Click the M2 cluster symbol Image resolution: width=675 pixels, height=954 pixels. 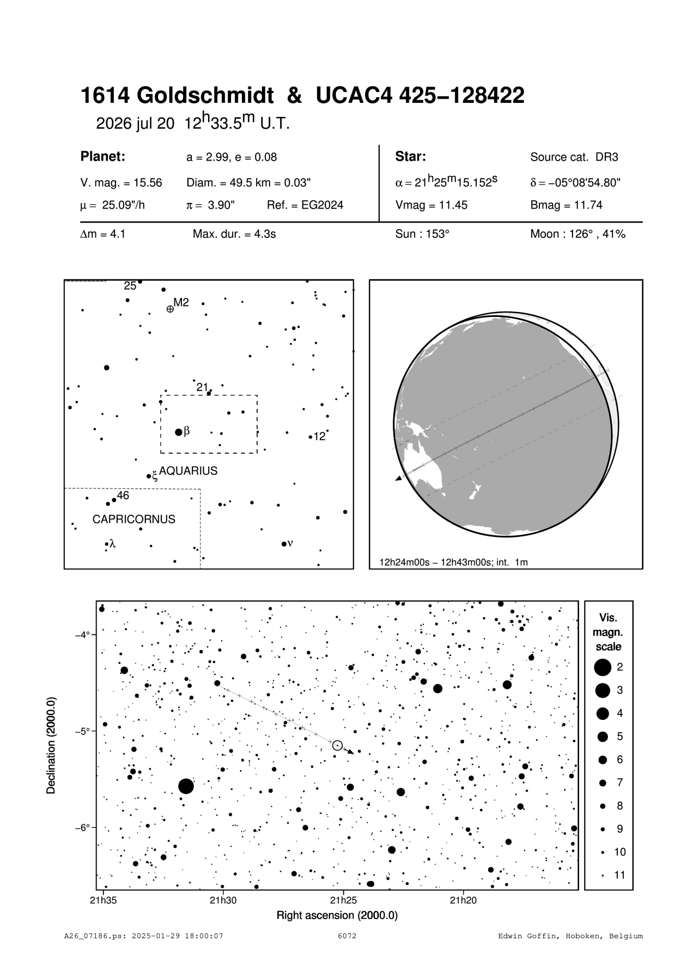(170, 309)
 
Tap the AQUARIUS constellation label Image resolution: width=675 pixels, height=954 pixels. (188, 471)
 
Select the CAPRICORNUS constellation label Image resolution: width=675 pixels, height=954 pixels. (133, 519)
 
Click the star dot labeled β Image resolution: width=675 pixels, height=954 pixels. (179, 432)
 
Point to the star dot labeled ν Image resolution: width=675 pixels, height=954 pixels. (284, 544)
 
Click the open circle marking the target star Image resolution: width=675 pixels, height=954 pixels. (337, 745)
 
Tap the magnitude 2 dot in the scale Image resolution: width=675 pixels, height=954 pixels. (603, 666)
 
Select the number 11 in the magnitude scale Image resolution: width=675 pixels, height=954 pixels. (620, 875)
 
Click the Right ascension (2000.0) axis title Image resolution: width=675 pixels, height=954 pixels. (337, 915)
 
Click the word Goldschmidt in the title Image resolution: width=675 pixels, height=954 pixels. (204, 96)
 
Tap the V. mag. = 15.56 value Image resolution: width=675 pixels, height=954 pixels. (121, 183)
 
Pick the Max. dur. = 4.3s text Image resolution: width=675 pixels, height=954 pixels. (234, 235)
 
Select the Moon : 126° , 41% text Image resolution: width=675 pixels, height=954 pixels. (577, 235)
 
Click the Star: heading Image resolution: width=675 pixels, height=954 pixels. (410, 157)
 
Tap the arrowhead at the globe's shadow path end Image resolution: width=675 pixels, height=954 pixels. (398, 478)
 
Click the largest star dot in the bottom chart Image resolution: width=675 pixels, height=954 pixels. (186, 786)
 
